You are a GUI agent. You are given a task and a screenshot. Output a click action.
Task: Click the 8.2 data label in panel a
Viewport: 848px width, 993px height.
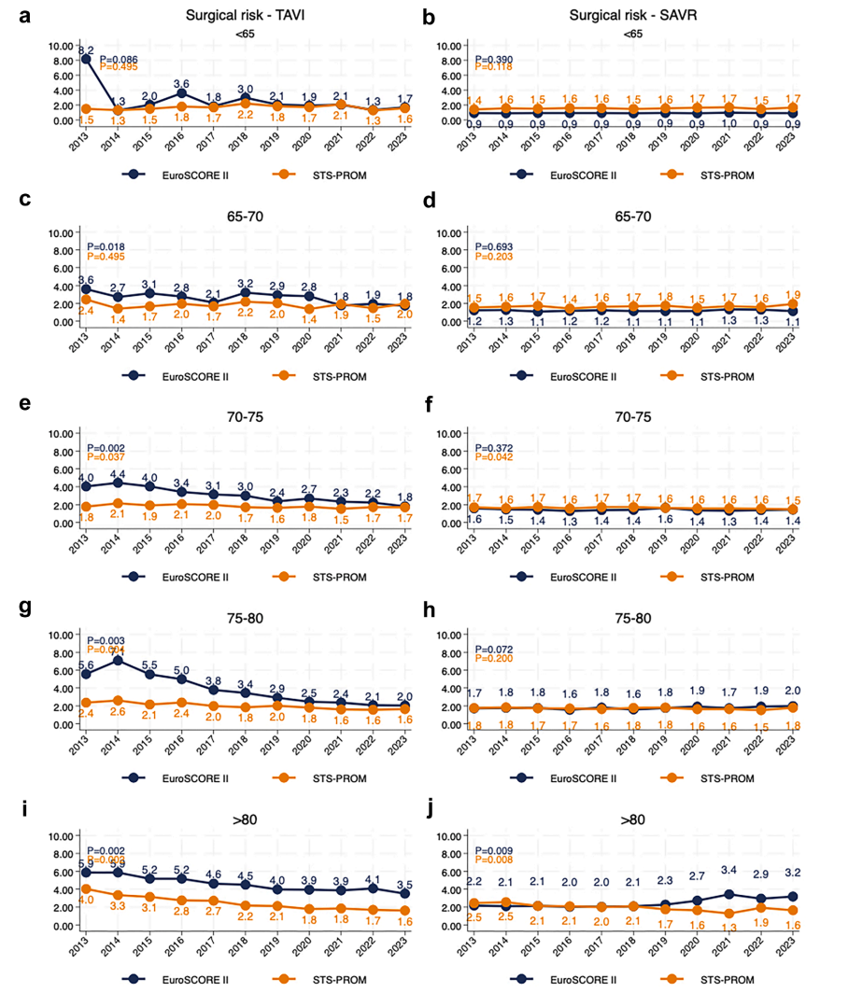[85, 49]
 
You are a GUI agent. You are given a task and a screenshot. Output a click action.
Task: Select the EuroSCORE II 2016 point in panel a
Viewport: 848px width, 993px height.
[182, 93]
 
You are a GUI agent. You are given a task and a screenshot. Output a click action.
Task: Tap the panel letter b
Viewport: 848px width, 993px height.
[429, 17]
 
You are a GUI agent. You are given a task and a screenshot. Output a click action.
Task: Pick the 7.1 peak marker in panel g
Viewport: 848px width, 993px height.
[118, 661]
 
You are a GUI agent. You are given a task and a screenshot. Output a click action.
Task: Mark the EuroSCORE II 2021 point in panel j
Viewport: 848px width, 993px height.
[729, 894]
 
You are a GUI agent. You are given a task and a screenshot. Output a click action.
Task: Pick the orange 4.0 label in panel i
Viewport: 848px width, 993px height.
[85, 901]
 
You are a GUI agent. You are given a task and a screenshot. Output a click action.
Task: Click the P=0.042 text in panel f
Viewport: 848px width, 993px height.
[496, 456]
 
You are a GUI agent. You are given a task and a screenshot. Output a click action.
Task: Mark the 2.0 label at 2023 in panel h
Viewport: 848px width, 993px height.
[792, 691]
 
